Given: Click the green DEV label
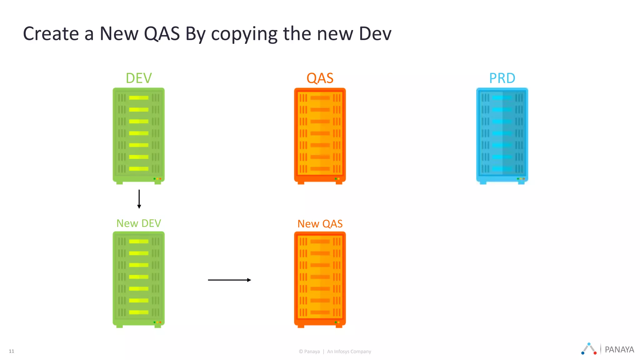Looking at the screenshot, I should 139,78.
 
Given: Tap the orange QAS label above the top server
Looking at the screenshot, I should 320,78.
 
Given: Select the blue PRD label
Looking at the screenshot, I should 502,78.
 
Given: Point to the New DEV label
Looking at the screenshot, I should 139,223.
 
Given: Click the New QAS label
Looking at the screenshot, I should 320,224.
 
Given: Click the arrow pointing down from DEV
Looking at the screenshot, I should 139,199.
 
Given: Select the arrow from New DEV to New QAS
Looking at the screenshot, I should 229,280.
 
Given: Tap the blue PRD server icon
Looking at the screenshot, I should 502,136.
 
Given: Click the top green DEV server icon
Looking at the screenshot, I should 139,136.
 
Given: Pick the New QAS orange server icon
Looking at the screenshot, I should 320,280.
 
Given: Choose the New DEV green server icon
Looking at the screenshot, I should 139,280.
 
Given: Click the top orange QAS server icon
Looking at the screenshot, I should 320,136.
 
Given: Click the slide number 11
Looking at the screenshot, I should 12,351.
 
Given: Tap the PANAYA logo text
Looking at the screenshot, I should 619,350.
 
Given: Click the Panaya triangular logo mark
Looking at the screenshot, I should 589,349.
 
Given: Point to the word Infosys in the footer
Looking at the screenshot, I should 342,352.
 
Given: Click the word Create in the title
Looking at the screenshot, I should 51,34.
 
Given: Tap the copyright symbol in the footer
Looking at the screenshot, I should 301,352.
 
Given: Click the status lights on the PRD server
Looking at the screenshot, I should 521,179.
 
